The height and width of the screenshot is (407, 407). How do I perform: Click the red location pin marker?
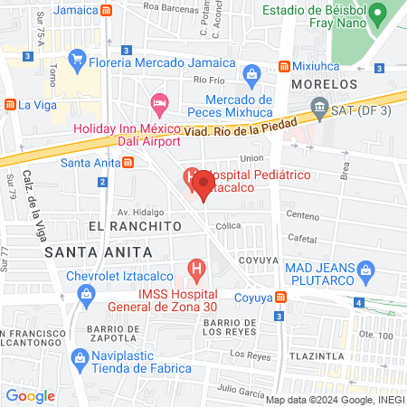[203, 184]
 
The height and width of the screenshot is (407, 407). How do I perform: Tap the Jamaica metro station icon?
[108, 10]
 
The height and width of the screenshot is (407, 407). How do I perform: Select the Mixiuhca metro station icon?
[285, 67]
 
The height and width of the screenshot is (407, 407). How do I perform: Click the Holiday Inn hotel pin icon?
[159, 103]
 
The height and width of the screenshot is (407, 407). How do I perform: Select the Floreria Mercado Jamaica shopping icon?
[78, 63]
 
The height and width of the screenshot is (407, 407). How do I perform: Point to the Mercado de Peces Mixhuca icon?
[252, 73]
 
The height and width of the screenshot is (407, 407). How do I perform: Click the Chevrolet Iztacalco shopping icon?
[86, 293]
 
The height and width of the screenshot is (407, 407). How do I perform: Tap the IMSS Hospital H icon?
[194, 269]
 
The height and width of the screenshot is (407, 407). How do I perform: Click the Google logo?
[31, 395]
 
